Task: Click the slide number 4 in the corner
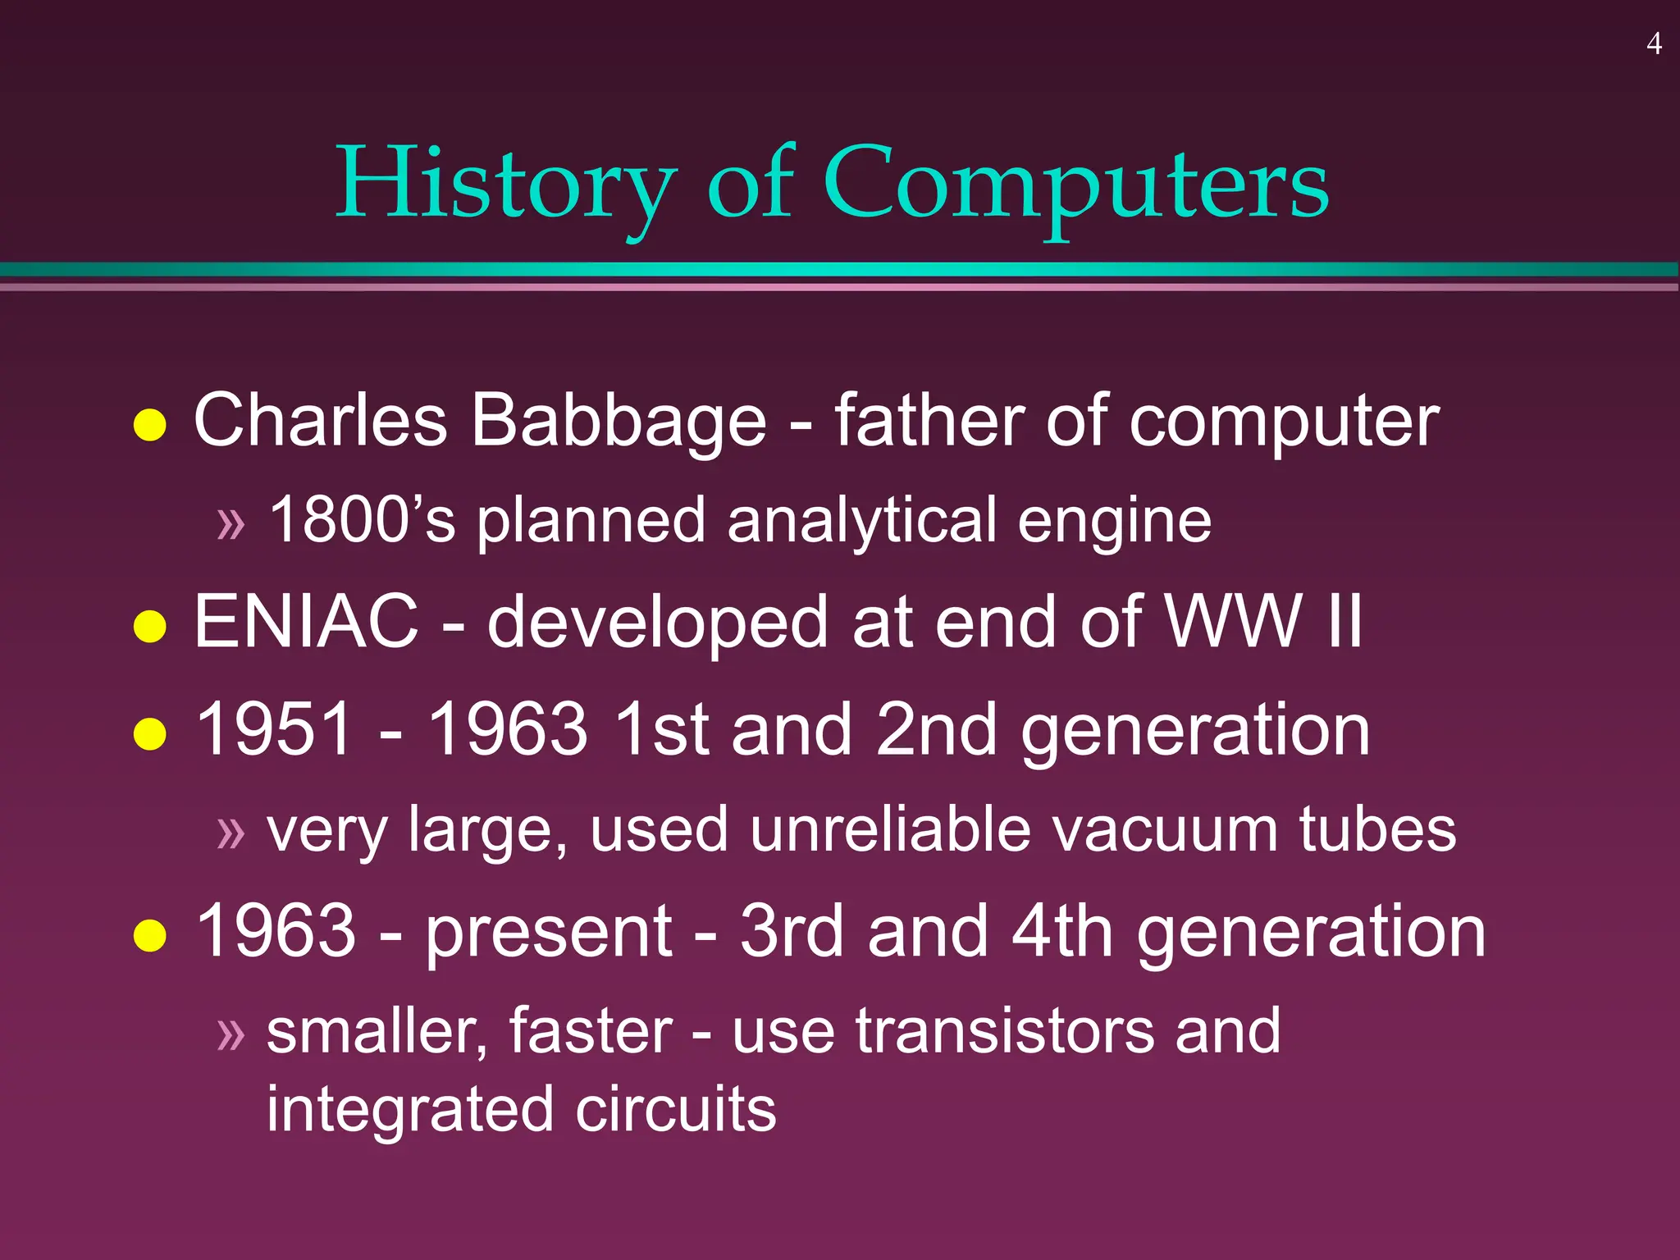point(1654,43)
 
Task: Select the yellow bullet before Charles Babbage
point(150,425)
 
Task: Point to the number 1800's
point(362,519)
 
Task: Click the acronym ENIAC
point(306,622)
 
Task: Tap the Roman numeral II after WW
point(1344,622)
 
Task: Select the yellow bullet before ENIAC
point(150,627)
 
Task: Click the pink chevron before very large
point(231,833)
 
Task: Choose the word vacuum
point(1164,829)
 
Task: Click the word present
point(549,931)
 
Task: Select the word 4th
point(1061,931)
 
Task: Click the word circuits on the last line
point(675,1109)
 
